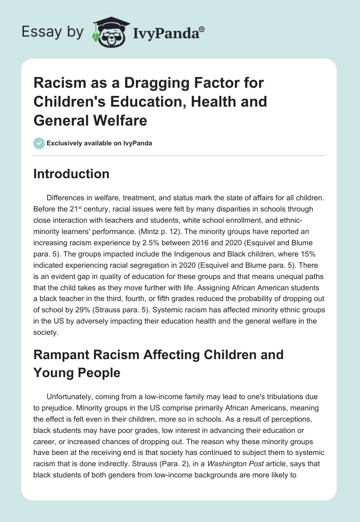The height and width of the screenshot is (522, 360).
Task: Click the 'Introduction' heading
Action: coord(71,174)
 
